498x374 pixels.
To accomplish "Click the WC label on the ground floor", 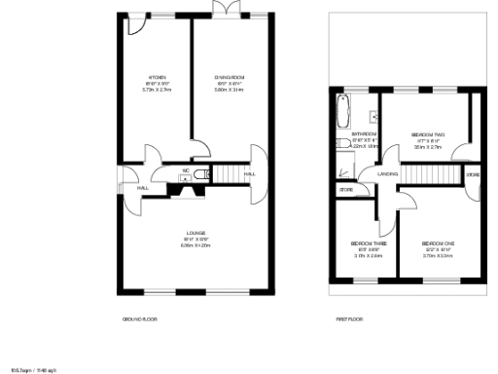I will (x=184, y=169).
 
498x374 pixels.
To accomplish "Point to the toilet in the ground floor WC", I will (x=200, y=174).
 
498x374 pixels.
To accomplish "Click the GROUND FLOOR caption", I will (x=139, y=319).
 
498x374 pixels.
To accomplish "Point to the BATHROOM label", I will (x=364, y=133).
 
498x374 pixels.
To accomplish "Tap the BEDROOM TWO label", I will (x=427, y=134).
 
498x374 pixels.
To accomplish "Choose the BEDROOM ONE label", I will (x=438, y=243).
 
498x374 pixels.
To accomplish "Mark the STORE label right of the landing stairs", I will (x=472, y=174).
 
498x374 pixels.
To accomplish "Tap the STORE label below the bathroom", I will (x=346, y=190).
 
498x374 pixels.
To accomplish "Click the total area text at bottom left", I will (x=33, y=370).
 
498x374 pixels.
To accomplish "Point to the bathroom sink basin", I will (x=373, y=102).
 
